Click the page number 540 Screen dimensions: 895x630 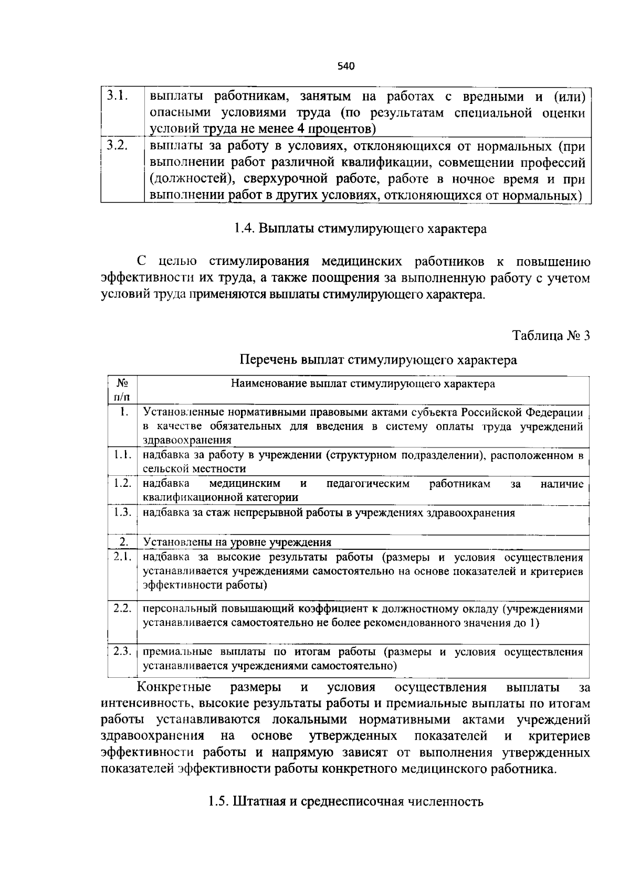(x=345, y=67)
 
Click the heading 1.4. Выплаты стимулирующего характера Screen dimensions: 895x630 (x=360, y=229)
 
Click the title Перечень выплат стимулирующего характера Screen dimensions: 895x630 (x=378, y=360)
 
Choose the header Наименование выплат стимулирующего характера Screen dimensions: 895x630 (x=363, y=384)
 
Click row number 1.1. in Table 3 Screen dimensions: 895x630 (x=122, y=454)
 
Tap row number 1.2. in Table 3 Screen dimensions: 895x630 (x=122, y=483)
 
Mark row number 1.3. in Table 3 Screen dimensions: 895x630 (x=122, y=512)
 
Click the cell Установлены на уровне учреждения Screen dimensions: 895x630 (x=237, y=542)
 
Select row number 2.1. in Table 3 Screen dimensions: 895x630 (x=122, y=556)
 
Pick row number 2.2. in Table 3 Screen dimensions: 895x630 (x=122, y=608)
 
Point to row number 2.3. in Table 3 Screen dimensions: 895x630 (x=122, y=651)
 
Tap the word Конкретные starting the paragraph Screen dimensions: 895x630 (x=174, y=687)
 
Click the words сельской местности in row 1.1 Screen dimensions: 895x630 (x=194, y=468)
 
